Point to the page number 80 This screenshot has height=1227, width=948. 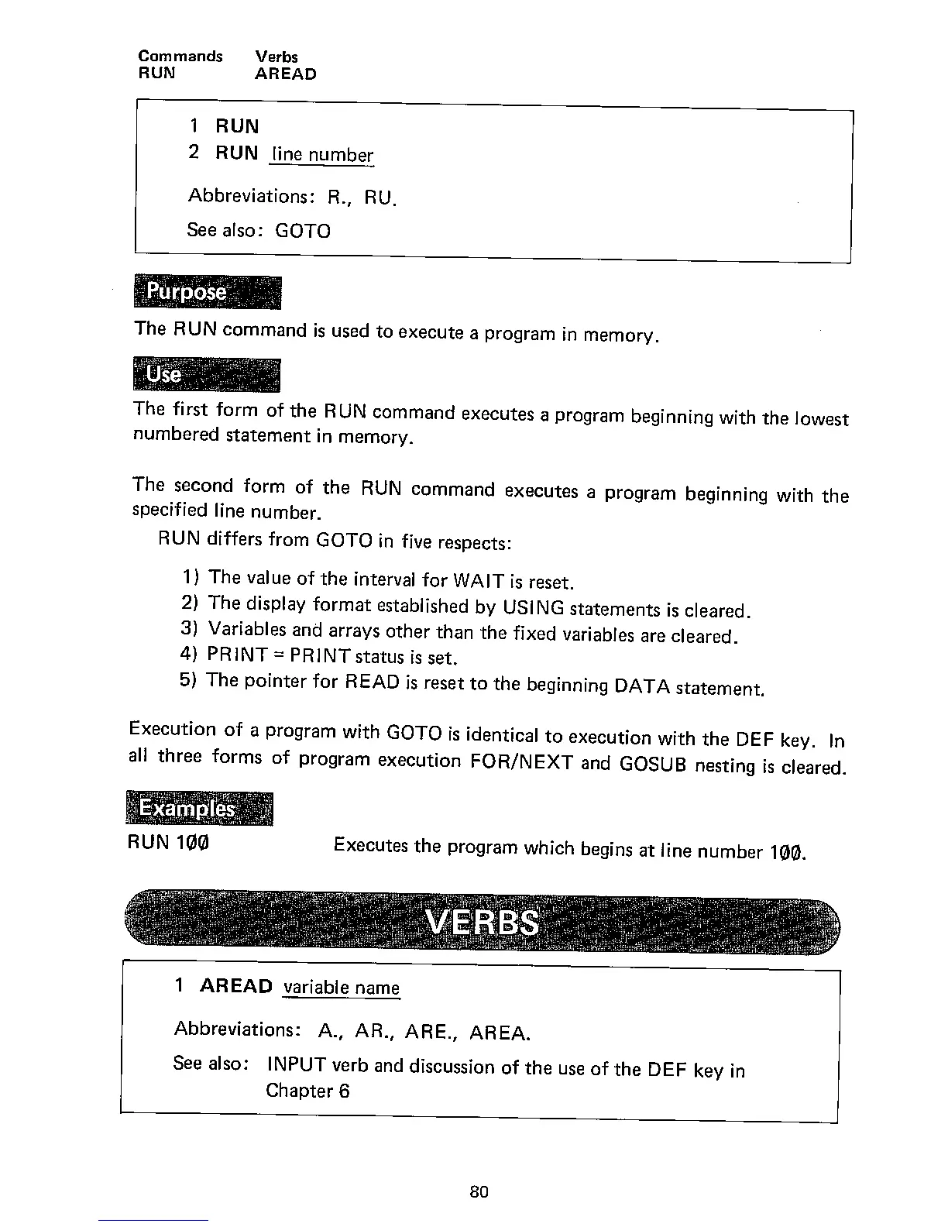[x=479, y=1192]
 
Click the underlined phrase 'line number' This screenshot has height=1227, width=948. [x=322, y=155]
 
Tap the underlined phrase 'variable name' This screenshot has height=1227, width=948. [x=342, y=988]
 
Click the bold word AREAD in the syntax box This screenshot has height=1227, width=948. [x=236, y=986]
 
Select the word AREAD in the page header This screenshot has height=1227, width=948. [x=286, y=74]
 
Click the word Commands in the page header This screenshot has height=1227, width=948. [x=180, y=57]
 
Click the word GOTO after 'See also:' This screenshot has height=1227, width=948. [x=303, y=231]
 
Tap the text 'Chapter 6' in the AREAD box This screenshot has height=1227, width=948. [x=307, y=1091]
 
